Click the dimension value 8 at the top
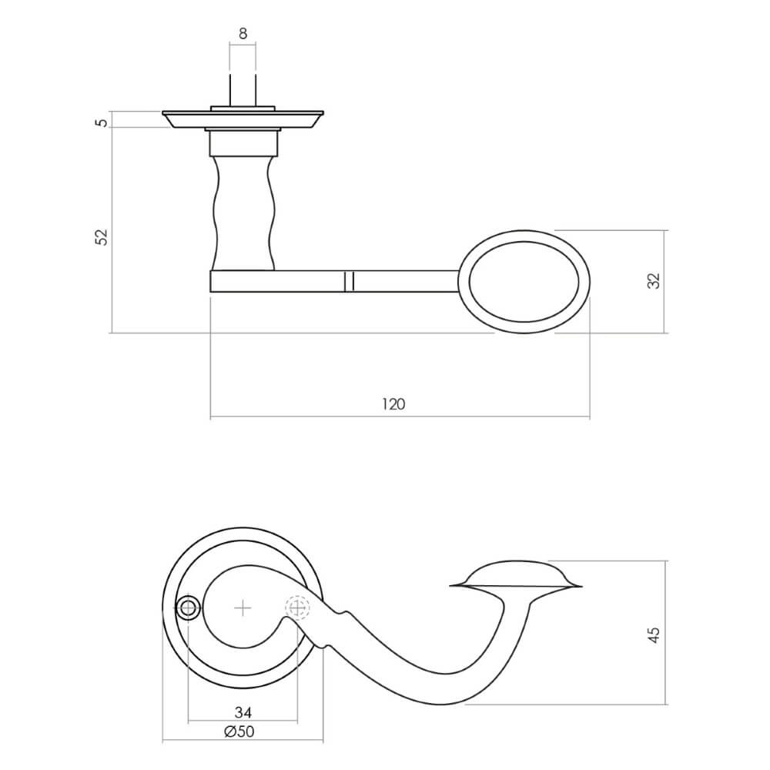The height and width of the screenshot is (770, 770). pyautogui.click(x=243, y=33)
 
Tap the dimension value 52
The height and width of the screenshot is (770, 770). pyautogui.click(x=101, y=236)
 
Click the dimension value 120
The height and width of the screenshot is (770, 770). pyautogui.click(x=393, y=404)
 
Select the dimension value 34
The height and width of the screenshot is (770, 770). pyautogui.click(x=243, y=711)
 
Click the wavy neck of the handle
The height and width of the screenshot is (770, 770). pyautogui.click(x=242, y=212)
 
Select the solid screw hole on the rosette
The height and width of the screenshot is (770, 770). pyautogui.click(x=187, y=608)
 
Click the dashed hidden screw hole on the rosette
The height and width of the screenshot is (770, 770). pyautogui.click(x=297, y=608)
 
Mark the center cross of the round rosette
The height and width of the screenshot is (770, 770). pyautogui.click(x=243, y=608)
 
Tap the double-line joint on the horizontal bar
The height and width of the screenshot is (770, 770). pyautogui.click(x=349, y=281)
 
